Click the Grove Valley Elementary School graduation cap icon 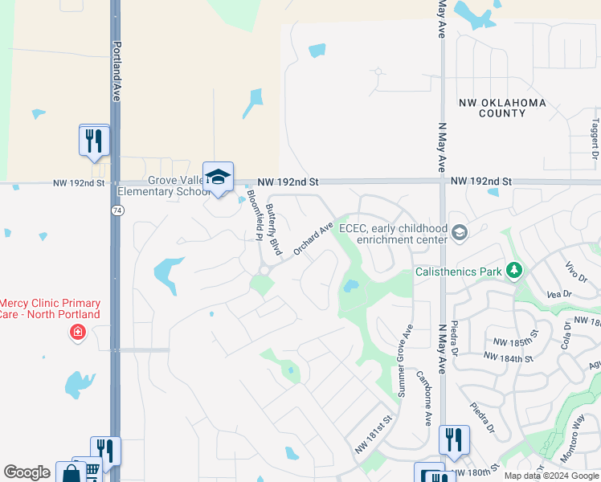(x=218, y=178)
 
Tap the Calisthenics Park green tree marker (x=514, y=272)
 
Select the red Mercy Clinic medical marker (x=78, y=332)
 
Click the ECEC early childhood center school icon (x=459, y=233)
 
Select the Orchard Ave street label (x=313, y=239)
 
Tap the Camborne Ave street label (x=423, y=397)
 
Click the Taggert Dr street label (x=595, y=137)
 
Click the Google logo (x=27, y=472)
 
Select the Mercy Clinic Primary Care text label (x=50, y=308)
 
